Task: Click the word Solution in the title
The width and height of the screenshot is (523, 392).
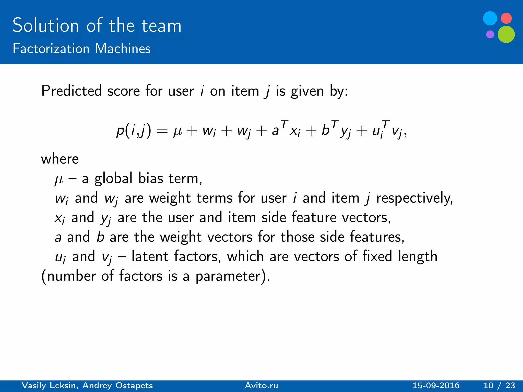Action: click(45, 26)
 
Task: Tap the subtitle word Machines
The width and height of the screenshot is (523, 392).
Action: click(123, 48)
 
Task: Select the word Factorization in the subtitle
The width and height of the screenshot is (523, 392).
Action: click(51, 48)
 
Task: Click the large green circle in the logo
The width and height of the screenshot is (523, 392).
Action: click(506, 34)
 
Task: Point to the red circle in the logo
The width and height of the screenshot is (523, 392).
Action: click(506, 18)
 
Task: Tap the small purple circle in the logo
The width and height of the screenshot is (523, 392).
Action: click(490, 34)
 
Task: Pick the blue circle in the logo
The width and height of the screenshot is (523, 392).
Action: click(490, 18)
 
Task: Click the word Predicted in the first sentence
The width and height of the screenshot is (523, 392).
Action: click(72, 91)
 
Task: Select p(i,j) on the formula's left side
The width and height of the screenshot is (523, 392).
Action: click(134, 130)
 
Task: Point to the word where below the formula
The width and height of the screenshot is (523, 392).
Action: click(60, 159)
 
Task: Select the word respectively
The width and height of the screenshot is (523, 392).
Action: click(414, 198)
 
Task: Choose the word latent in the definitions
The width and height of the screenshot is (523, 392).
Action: click(150, 256)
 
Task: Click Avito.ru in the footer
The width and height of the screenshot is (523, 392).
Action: click(261, 385)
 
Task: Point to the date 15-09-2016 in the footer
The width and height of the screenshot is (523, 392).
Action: click(436, 385)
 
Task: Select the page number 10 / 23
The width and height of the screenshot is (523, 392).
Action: click(499, 385)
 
